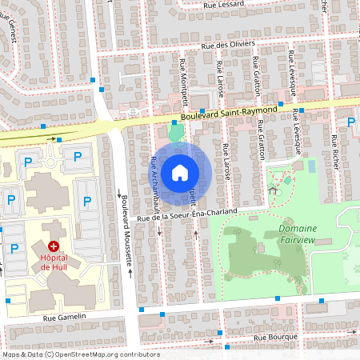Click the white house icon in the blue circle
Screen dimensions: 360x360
click(180, 172)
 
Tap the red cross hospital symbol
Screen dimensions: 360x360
click(54, 246)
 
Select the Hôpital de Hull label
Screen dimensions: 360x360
click(54, 263)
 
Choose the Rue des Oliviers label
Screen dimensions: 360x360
click(228, 45)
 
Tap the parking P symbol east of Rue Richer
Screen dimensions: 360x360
click(350, 122)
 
